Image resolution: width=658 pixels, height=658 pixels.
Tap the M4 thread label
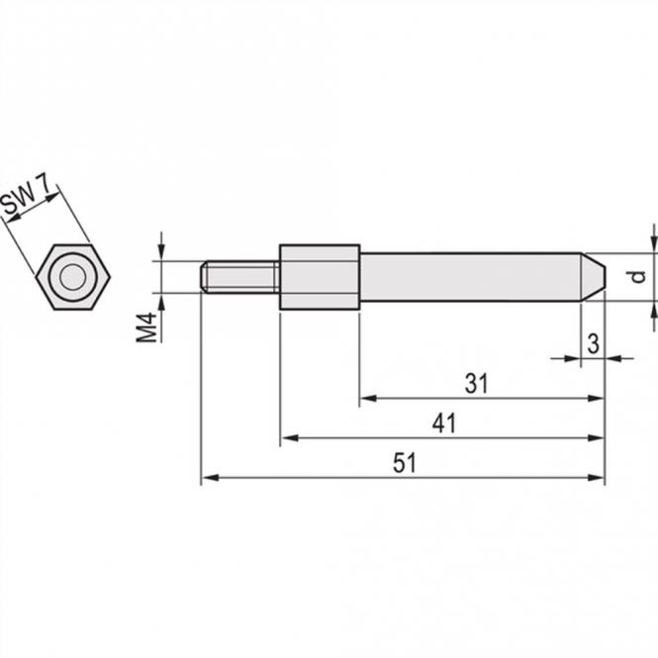(146, 328)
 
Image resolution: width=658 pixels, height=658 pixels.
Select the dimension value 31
(477, 384)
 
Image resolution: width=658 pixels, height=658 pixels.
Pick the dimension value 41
(443, 423)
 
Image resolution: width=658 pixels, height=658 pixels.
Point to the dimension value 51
(404, 463)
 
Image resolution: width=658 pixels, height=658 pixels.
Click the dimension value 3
(592, 343)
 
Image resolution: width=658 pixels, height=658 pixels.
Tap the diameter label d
(639, 276)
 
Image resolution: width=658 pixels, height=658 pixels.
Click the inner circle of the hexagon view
(72, 277)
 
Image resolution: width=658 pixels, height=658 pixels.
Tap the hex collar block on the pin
(319, 276)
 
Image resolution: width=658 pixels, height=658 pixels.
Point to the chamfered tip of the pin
(593, 276)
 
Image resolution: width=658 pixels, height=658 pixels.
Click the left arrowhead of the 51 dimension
(208, 478)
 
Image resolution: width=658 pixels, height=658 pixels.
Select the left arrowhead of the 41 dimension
(287, 437)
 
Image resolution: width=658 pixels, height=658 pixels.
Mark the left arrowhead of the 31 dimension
(366, 398)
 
